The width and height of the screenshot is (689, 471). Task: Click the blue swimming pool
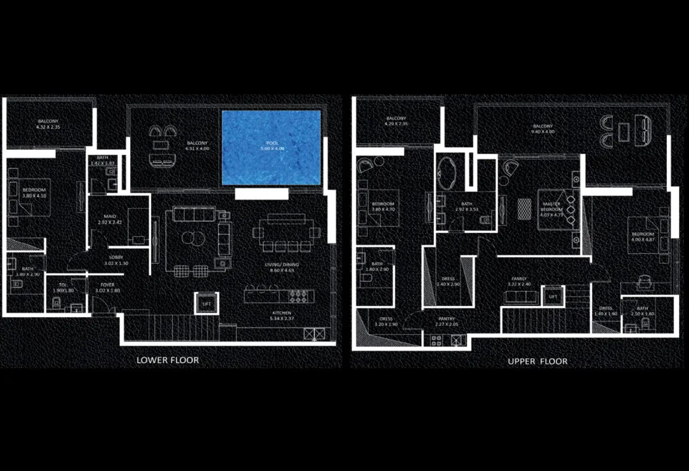tap(271, 148)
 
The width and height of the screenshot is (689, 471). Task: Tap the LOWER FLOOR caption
tap(167, 360)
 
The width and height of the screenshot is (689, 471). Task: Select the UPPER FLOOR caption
tap(537, 361)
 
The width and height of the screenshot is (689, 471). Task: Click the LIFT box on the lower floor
tap(207, 304)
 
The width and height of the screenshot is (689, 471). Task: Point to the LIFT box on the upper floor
tap(553, 296)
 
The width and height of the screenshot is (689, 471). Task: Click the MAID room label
tap(110, 217)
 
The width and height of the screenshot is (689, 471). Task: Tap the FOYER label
tap(107, 285)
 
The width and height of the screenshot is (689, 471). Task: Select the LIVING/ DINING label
tap(282, 265)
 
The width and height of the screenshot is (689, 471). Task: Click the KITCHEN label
tap(282, 313)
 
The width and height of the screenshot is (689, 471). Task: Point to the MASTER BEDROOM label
tap(552, 207)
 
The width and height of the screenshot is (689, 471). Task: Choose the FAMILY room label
tap(519, 279)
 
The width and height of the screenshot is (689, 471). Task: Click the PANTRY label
tap(447, 319)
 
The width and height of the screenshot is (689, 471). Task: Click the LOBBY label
tap(116, 257)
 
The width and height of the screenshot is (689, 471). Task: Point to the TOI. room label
tap(63, 285)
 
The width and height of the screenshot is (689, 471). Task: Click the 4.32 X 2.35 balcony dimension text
tap(48, 127)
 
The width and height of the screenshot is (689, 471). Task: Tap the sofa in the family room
tap(521, 297)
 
